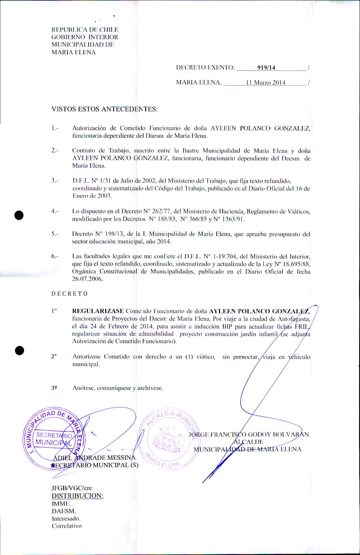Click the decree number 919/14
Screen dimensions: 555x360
coord(266,68)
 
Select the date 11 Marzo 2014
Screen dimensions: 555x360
coord(265,83)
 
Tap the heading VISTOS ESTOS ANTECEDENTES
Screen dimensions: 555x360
coord(104,109)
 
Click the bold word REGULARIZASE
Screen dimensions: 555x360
coord(98,311)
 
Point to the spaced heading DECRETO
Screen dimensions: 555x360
coord(70,294)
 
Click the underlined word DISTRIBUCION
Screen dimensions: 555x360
coord(77,496)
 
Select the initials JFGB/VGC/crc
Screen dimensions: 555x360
coord(72,488)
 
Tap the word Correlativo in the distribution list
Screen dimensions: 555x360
coord(67,526)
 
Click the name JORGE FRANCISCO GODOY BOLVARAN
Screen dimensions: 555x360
coord(248,434)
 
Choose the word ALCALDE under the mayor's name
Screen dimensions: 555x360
coord(248,442)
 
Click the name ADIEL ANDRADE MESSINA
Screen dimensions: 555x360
coord(94,458)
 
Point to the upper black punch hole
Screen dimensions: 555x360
coord(19,215)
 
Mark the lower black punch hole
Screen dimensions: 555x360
coord(19,350)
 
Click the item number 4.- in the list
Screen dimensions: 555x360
coord(55,211)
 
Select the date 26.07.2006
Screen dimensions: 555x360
coord(87,279)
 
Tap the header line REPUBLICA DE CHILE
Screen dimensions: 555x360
coord(85,30)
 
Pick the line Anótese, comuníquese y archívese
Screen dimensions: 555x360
coord(118,388)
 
